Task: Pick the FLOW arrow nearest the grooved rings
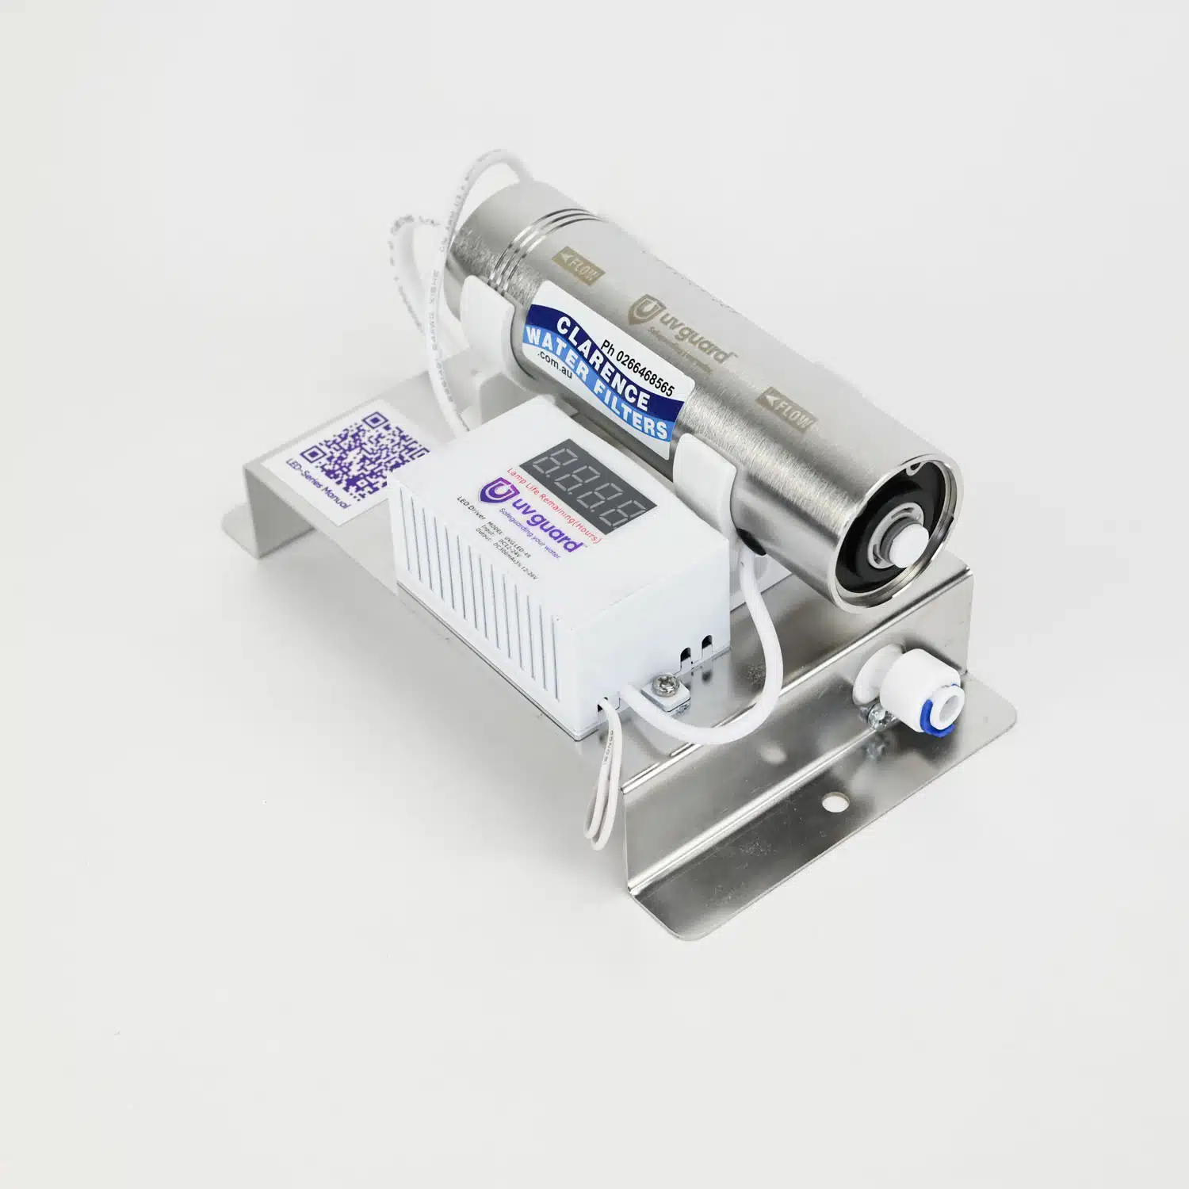pos(578,266)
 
